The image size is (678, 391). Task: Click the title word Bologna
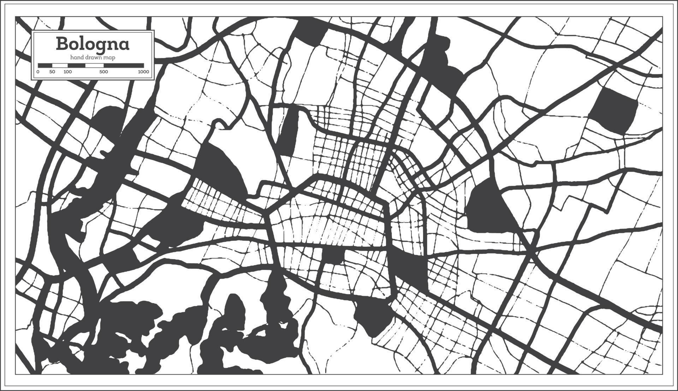[93, 44]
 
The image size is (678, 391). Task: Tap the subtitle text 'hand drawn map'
[93, 57]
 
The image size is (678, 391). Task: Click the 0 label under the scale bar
[38, 72]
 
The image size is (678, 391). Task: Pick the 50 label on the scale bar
[52, 72]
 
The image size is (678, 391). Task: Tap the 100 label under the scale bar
[67, 72]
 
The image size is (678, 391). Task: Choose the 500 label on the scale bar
[103, 72]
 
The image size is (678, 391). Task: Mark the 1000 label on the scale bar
[143, 72]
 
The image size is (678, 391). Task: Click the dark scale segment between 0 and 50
[45, 65]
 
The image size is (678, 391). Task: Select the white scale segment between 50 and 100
[60, 65]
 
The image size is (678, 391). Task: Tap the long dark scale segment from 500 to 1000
[124, 65]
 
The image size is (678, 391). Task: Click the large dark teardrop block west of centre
[221, 169]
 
